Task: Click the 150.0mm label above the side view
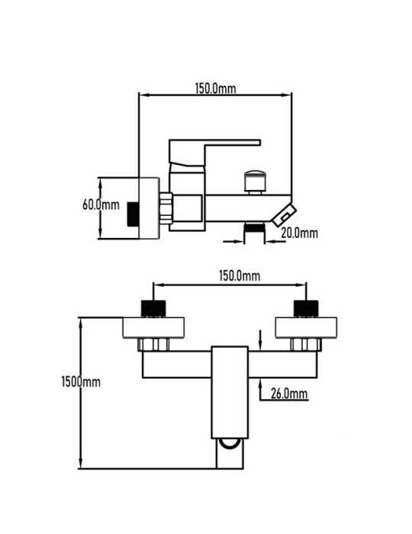[x=215, y=88]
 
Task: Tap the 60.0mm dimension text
[x=101, y=204]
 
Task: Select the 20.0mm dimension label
[x=299, y=233]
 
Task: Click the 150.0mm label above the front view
[x=240, y=275]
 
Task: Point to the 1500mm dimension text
[x=81, y=381]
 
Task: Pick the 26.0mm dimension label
[x=289, y=394]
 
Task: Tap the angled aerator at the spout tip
[x=284, y=215]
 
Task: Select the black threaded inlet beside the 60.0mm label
[x=133, y=214]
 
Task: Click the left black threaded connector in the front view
[x=153, y=308]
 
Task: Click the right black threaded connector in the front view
[x=306, y=308]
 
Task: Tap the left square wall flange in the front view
[x=153, y=327]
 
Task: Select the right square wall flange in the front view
[x=306, y=327]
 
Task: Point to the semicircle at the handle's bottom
[x=230, y=445]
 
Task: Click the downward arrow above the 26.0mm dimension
[x=260, y=340]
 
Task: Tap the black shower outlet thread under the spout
[x=254, y=227]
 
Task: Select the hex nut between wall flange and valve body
[x=166, y=208]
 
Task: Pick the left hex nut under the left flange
[x=153, y=345]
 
